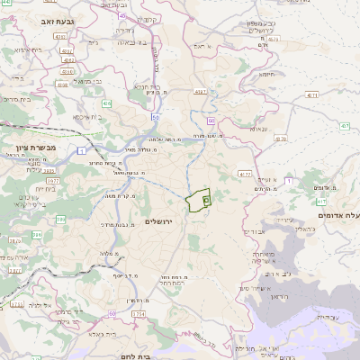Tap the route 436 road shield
tap(107, 103)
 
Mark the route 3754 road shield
tap(139, 312)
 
